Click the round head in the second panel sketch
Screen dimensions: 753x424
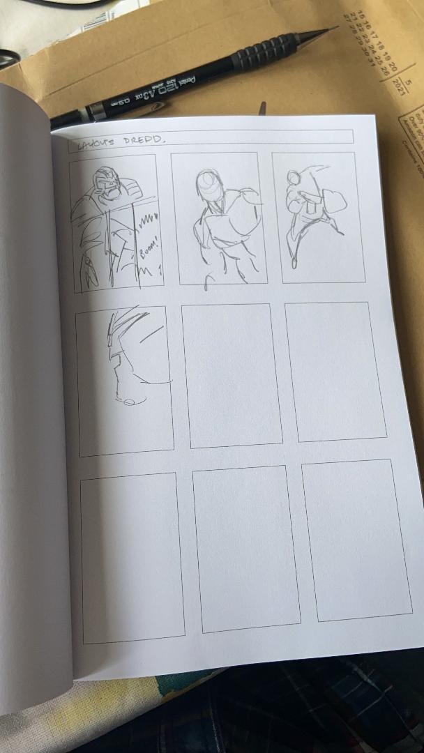click(x=209, y=183)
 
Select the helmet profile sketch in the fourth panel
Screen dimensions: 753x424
click(x=126, y=349)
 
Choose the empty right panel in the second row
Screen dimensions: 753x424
click(x=335, y=371)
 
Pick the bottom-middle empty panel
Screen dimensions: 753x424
click(x=245, y=548)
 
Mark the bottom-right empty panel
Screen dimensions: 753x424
click(x=356, y=540)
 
